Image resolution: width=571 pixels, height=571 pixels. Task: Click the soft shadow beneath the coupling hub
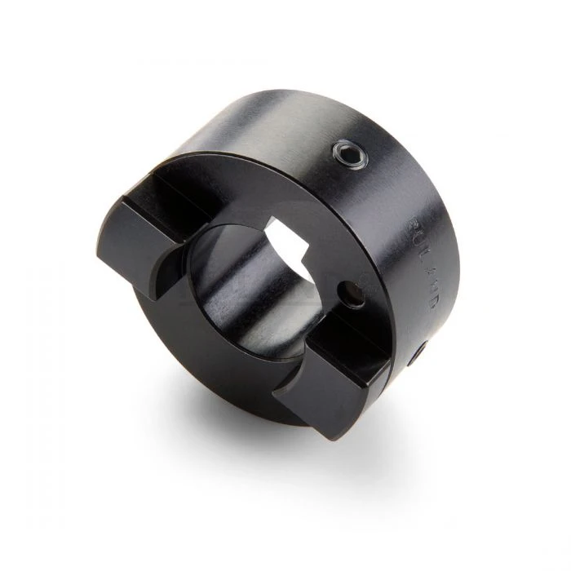(x=245, y=457)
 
